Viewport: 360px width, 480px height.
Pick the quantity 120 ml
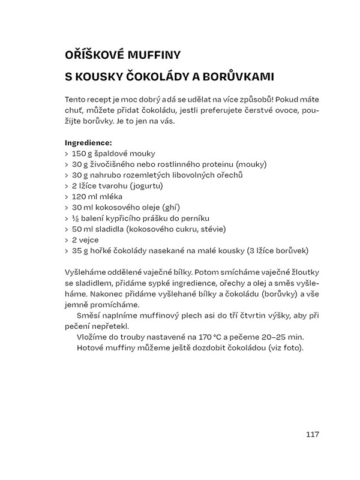85,196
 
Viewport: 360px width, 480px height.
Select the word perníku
215,218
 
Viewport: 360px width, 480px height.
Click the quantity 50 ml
83,229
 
